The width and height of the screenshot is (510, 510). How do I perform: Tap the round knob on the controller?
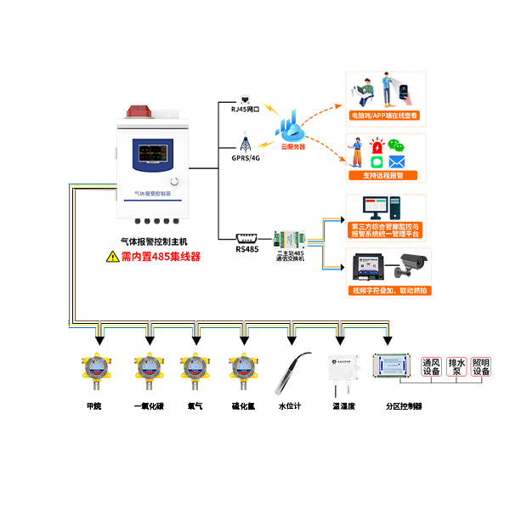click(174, 182)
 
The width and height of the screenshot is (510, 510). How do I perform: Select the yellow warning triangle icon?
click(113, 256)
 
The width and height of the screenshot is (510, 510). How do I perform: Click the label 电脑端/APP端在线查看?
click(384, 114)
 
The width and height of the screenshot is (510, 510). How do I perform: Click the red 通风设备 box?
click(431, 366)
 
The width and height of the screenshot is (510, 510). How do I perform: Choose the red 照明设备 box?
click(482, 366)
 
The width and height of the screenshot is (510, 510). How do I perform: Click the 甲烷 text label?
click(93, 406)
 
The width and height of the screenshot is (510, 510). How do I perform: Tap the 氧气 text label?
click(194, 406)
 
